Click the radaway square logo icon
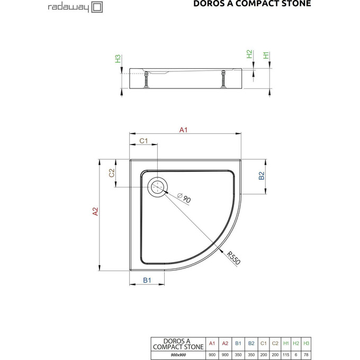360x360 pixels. click(97, 7)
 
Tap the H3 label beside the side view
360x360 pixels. click(118, 58)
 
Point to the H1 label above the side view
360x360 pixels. click(266, 55)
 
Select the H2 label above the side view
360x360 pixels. click(249, 55)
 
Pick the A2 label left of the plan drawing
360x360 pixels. click(95, 211)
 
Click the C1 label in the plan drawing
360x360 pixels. click(143, 141)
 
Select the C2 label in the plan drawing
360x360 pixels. click(112, 173)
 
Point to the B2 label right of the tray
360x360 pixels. click(261, 176)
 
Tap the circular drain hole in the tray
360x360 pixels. click(158, 187)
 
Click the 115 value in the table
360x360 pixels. click(286, 354)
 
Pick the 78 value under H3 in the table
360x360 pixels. click(306, 354)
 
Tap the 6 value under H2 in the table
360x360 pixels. click(296, 354)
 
